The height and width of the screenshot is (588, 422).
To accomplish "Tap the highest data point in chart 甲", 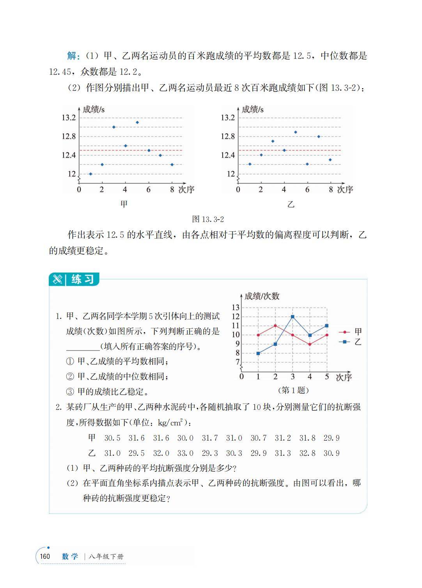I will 137,122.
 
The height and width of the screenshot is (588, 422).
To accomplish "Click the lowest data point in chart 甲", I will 90,174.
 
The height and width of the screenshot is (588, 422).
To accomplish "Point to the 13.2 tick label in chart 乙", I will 228,118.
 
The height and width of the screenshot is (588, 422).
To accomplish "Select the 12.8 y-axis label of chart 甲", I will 69,136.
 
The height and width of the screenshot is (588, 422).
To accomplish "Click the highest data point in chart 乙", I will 296,132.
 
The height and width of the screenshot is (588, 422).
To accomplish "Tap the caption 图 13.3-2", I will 208,219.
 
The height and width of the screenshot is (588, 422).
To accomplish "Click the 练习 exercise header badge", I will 74,279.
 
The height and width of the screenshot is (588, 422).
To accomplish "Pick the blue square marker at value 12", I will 293,317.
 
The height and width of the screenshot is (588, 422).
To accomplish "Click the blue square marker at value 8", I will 258,353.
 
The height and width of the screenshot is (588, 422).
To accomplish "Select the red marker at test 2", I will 275,326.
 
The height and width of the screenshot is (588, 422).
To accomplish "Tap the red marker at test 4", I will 310,344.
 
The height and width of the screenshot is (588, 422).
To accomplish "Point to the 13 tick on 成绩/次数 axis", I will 236,308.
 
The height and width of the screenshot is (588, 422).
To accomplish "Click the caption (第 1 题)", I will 293,390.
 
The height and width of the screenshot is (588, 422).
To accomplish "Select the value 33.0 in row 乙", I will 185,453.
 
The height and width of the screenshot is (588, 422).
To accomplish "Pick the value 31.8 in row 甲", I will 307,438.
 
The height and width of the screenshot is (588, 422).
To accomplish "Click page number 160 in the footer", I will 45,556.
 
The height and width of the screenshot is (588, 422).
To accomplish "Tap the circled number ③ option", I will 70,392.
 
